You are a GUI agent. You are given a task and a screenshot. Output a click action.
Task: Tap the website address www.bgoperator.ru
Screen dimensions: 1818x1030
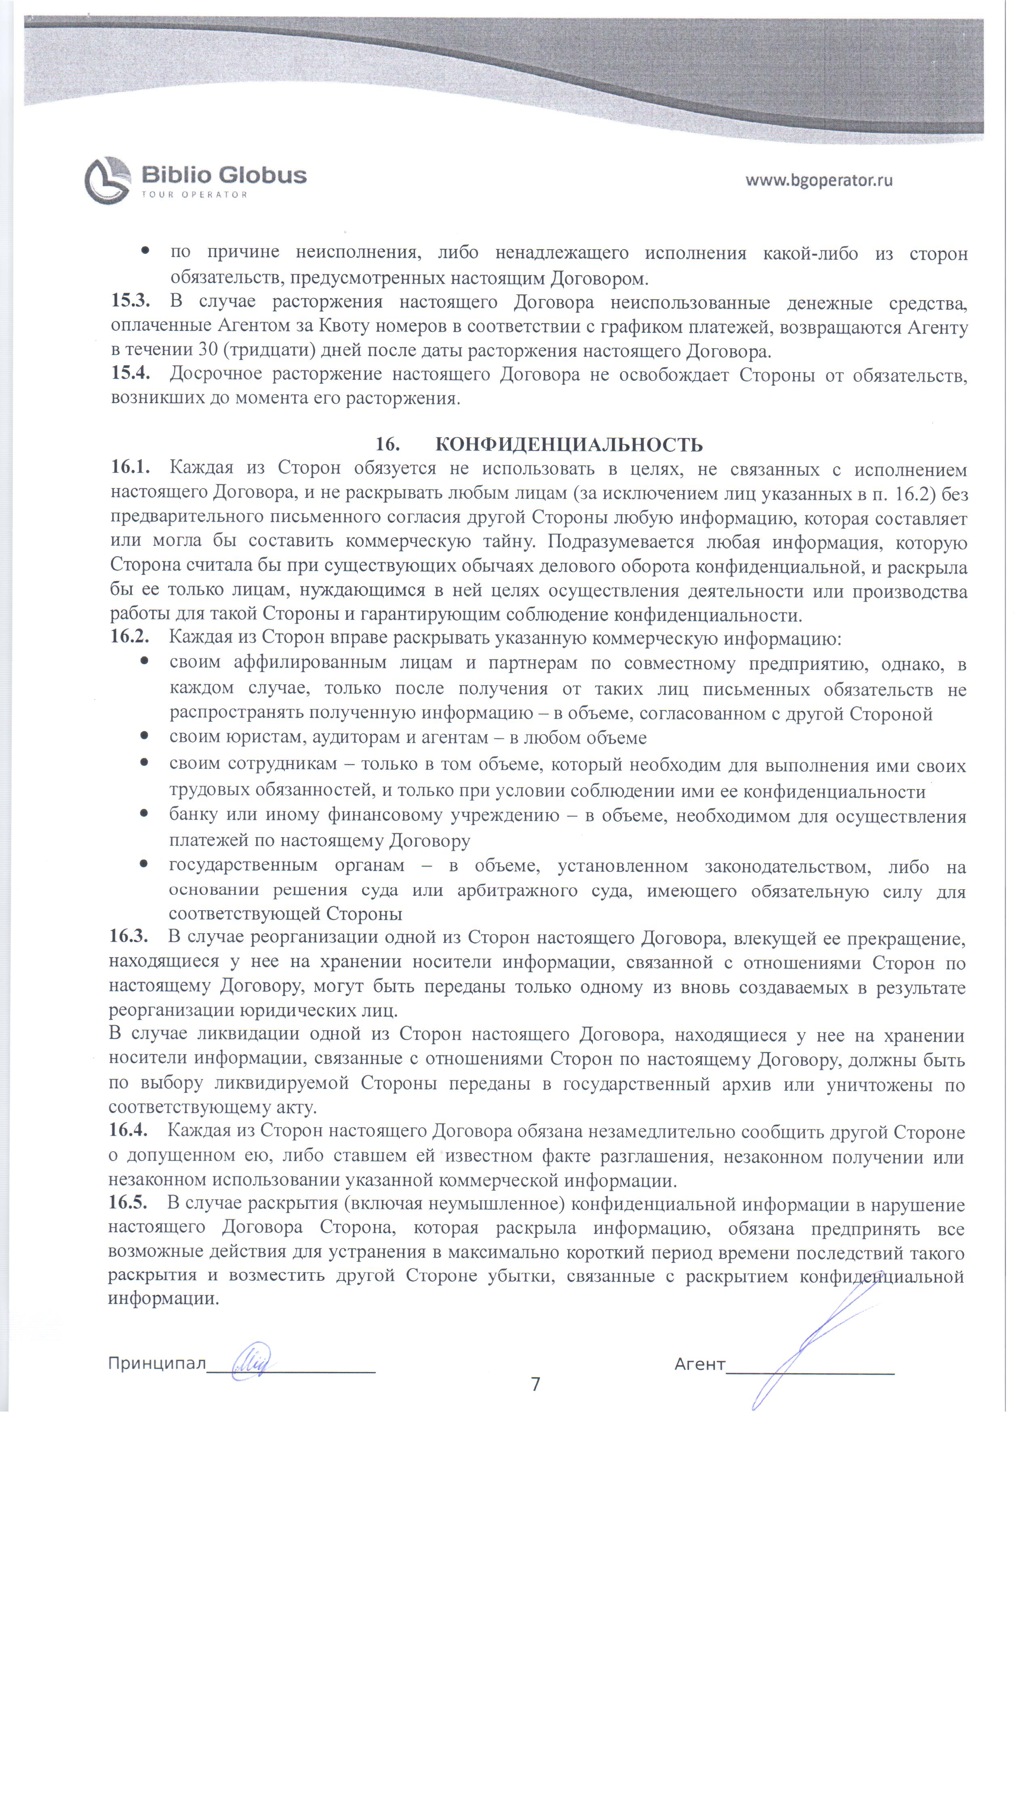pyautogui.click(x=819, y=180)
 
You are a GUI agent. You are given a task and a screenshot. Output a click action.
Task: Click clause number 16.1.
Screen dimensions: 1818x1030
pyautogui.click(x=130, y=468)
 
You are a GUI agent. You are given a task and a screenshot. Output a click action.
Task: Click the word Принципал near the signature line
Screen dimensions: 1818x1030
pyautogui.click(x=156, y=1363)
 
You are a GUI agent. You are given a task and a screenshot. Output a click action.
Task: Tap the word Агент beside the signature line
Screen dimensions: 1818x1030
pyautogui.click(x=699, y=1364)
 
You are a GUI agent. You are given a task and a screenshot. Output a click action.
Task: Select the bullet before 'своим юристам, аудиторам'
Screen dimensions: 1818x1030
pyautogui.click(x=144, y=737)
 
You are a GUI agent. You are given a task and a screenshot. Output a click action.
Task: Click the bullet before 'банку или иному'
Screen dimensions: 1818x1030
pyautogui.click(x=144, y=814)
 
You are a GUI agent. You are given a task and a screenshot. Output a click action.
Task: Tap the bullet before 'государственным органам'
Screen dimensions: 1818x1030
pyautogui.click(x=144, y=864)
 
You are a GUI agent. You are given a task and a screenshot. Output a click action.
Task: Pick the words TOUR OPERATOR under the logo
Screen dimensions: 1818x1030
pyautogui.click(x=194, y=194)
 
